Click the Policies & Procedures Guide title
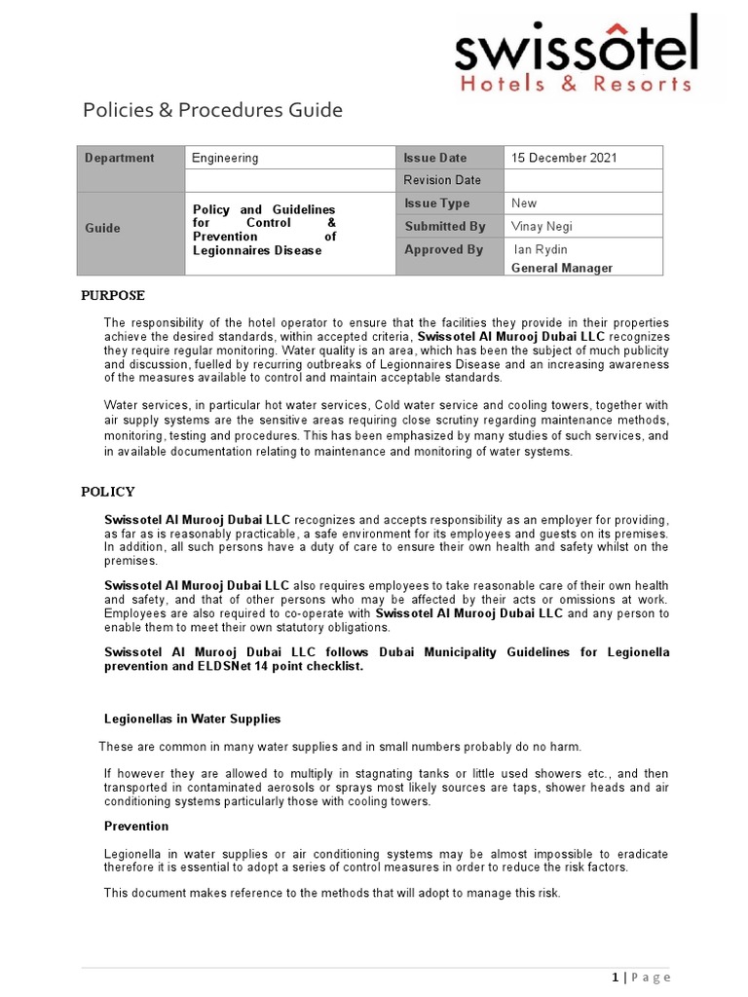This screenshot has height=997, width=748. pyautogui.click(x=212, y=110)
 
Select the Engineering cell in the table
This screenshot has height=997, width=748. pyautogui.click(x=225, y=158)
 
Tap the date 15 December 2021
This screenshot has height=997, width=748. pyautogui.click(x=564, y=158)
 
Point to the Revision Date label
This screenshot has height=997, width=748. pyautogui.click(x=442, y=180)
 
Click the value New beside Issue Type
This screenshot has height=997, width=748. pyautogui.click(x=524, y=203)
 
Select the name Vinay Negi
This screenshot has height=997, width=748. pyautogui.click(x=542, y=227)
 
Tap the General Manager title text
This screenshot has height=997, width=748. pyautogui.click(x=562, y=268)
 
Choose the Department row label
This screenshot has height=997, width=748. pyautogui.click(x=120, y=158)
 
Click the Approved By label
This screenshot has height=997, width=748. pyautogui.click(x=443, y=250)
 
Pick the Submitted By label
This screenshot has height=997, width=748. pyautogui.click(x=445, y=227)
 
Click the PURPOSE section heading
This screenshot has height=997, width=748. pyautogui.click(x=112, y=296)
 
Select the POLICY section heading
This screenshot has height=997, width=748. pyautogui.click(x=108, y=492)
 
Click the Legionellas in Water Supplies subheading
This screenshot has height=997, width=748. pyautogui.click(x=192, y=719)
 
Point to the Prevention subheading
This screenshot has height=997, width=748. pyautogui.click(x=136, y=826)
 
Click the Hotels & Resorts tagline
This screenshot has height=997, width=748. pyautogui.click(x=576, y=84)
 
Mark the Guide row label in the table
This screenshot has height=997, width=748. pyautogui.click(x=103, y=228)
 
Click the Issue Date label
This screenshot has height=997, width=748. pyautogui.click(x=435, y=158)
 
